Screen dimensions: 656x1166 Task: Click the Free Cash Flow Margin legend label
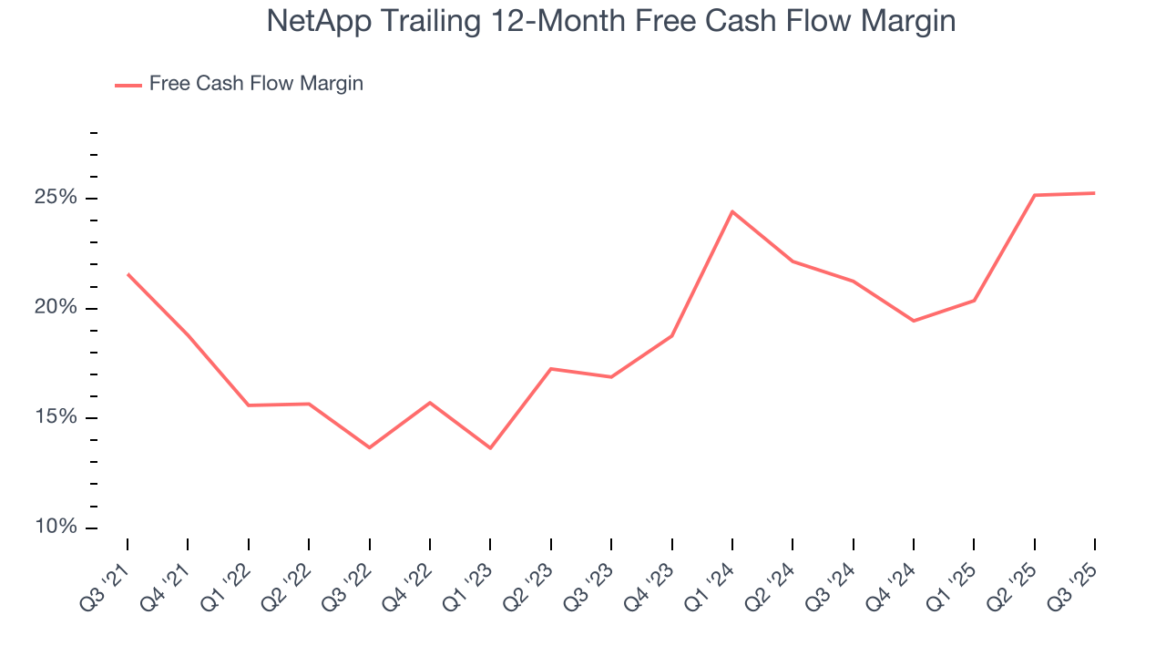coord(256,84)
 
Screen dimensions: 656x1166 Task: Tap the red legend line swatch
coord(128,85)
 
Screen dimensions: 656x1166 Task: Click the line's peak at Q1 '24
coord(732,211)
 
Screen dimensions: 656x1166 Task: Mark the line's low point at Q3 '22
coord(369,447)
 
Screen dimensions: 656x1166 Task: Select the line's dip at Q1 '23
coord(490,447)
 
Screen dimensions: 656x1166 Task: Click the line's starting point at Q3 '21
coord(128,273)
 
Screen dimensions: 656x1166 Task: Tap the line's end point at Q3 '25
coord(1094,193)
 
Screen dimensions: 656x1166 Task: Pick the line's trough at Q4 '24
coord(914,321)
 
